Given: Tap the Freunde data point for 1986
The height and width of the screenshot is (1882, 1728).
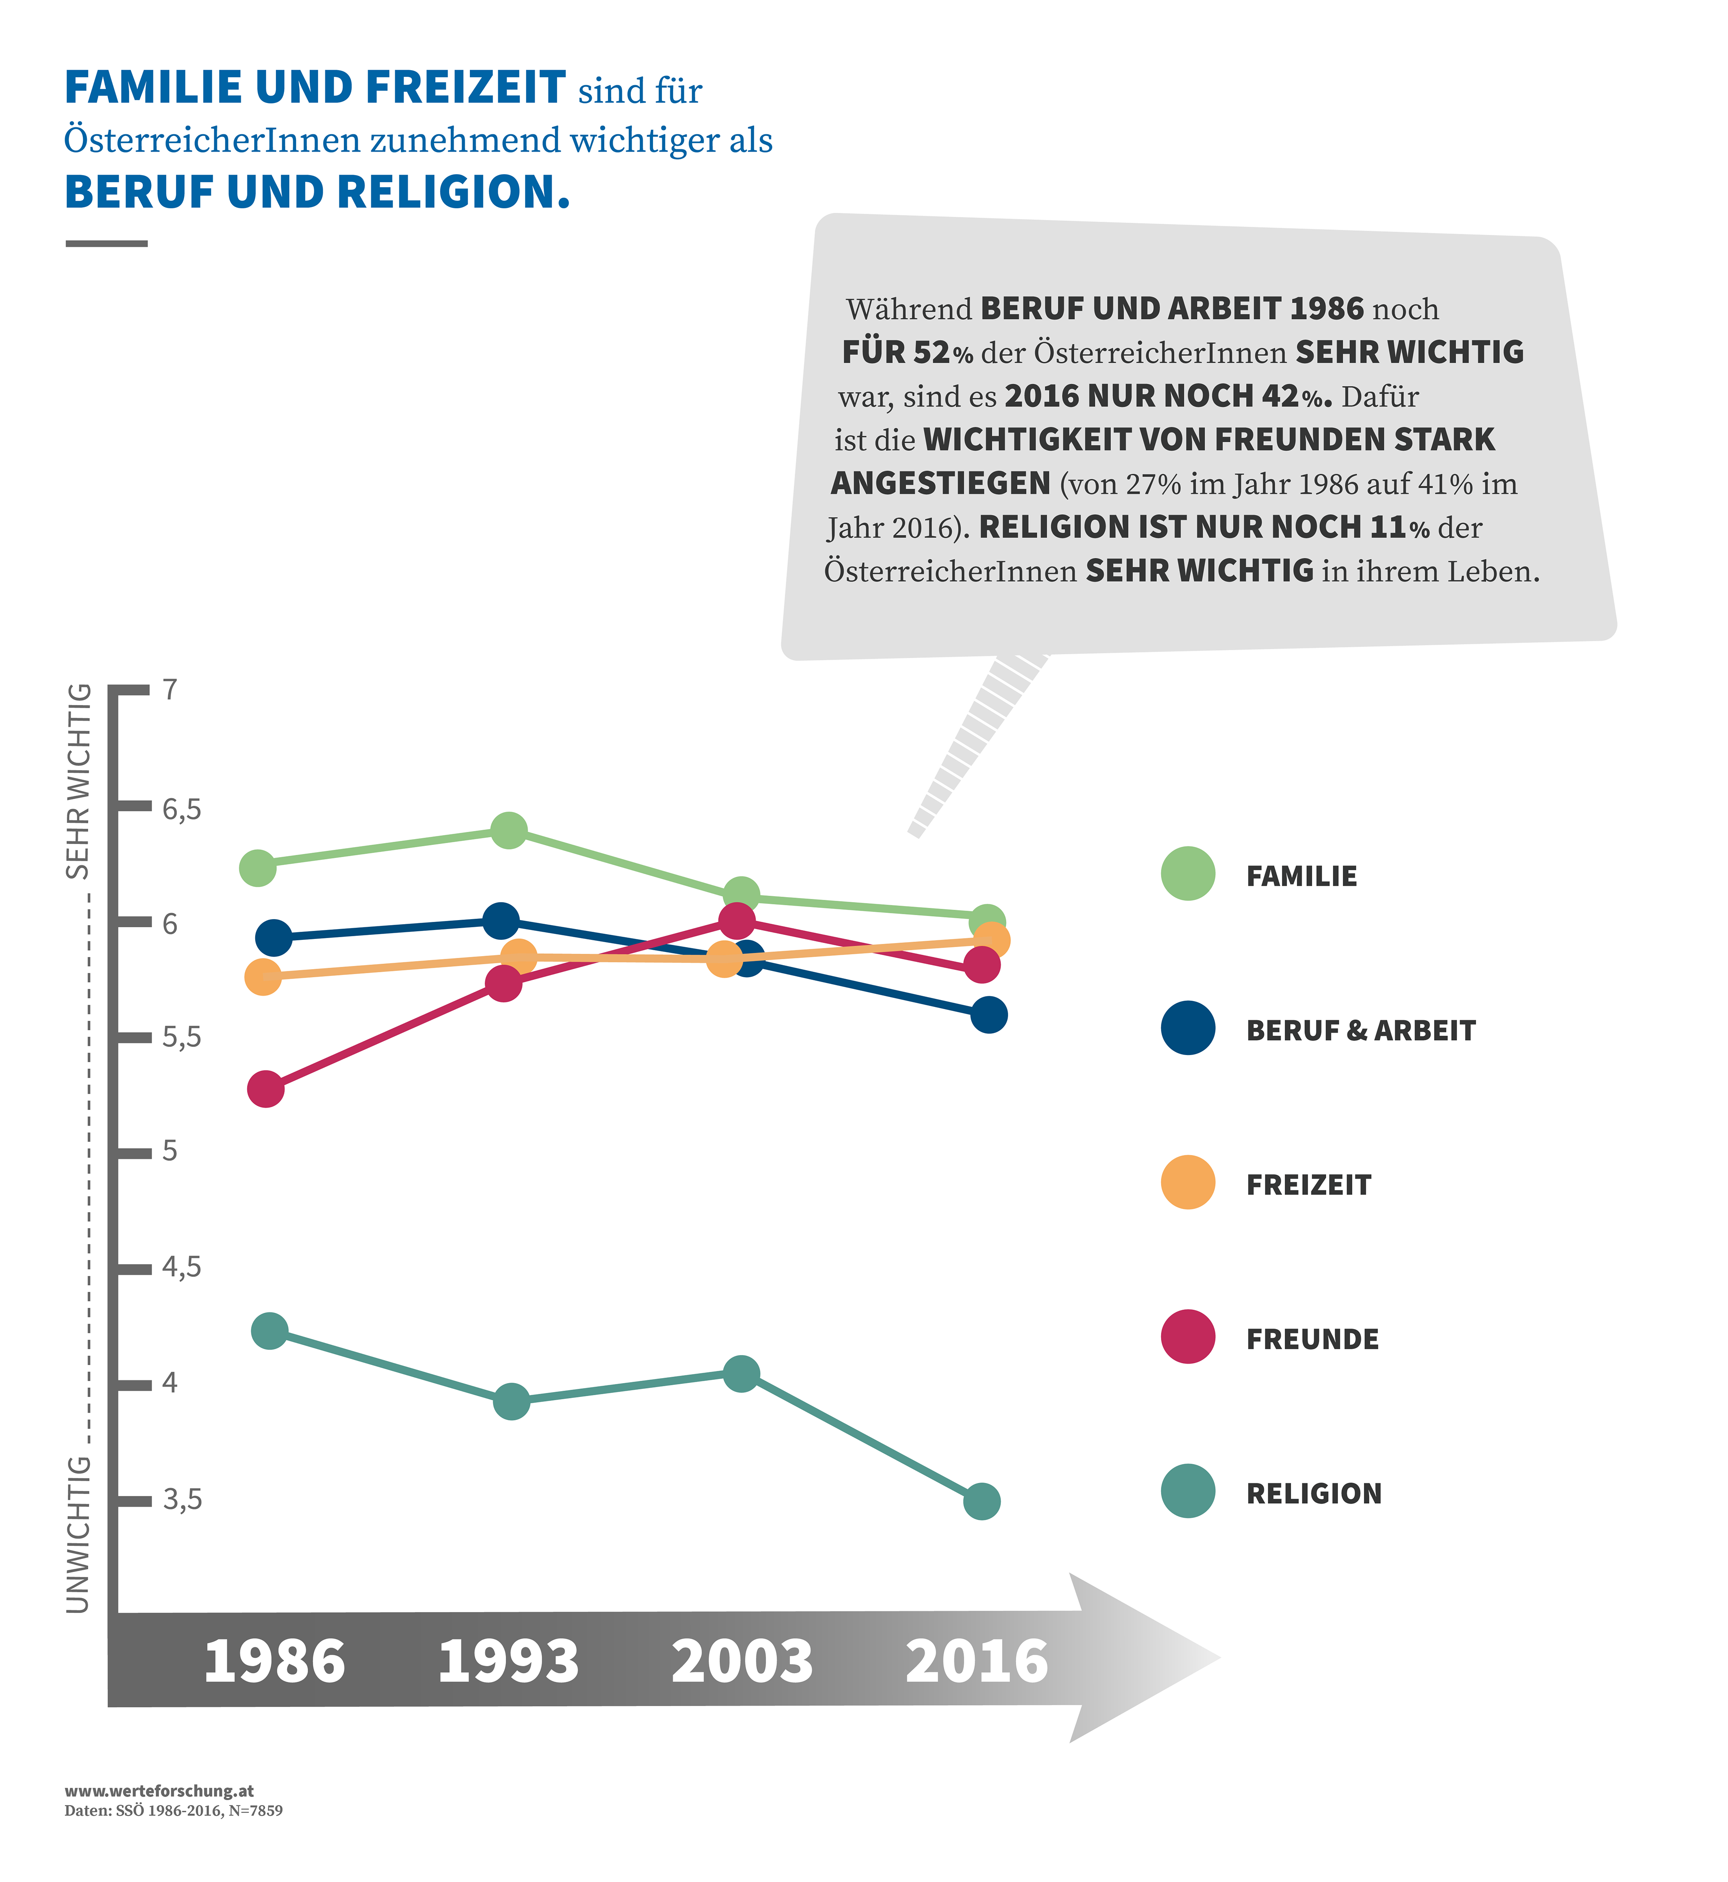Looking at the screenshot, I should [265, 1089].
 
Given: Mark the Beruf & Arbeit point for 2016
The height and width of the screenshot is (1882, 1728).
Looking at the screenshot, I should [988, 1015].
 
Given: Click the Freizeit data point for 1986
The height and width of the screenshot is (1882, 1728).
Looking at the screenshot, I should [263, 977].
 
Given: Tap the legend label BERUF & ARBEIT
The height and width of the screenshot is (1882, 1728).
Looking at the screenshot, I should [1360, 1030].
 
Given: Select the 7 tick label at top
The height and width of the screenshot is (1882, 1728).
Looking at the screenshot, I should [169, 690].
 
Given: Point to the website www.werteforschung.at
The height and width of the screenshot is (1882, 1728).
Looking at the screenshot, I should [159, 1791].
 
